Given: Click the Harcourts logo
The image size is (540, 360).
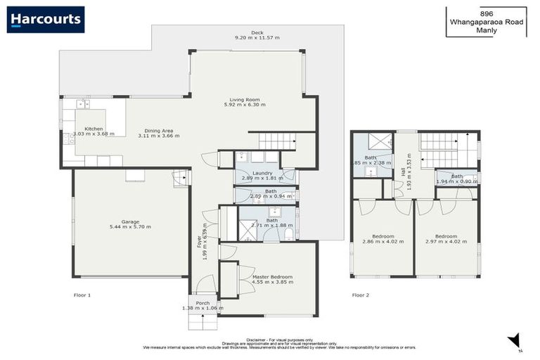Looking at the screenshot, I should pos(46,19).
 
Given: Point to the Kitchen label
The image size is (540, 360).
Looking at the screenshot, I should pos(94,129).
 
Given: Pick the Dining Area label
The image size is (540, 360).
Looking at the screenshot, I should pos(159,131).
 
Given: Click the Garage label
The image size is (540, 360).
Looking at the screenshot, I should pos(130,222).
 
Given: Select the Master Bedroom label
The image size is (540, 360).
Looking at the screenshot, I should pos(272,277).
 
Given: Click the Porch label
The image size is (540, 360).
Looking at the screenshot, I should pos(202,303).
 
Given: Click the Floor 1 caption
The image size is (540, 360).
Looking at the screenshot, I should pos(82,295).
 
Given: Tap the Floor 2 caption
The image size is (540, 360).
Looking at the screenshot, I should pos(360,295).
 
